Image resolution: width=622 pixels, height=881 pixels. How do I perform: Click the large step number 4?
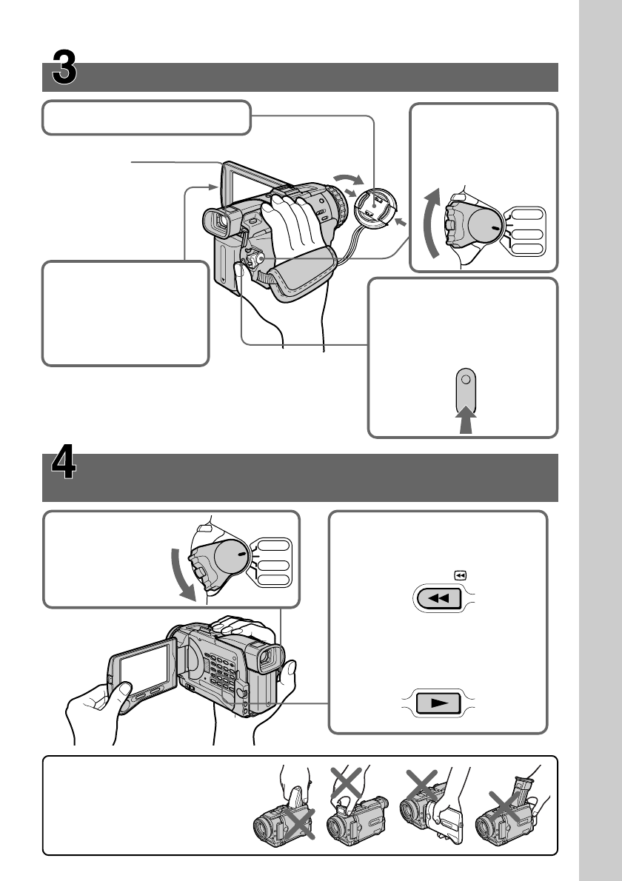(65, 469)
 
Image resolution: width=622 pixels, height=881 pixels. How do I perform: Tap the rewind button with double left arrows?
(439, 598)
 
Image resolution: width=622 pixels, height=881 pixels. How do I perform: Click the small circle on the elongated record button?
(464, 380)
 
